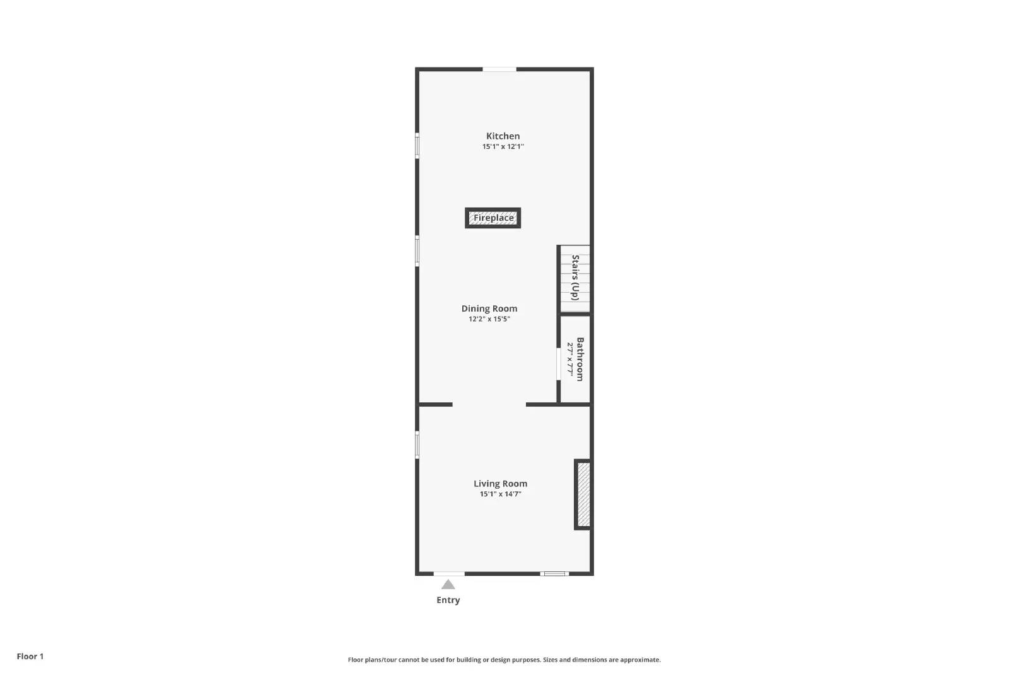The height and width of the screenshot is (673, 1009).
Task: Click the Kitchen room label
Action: coord(503,136)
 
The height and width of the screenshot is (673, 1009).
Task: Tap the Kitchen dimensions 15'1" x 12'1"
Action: coord(503,146)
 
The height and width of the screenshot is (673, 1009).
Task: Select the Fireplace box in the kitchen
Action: coord(493,218)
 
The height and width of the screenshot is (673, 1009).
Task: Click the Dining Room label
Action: coord(489,308)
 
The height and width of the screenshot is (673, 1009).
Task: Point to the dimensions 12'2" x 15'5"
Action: coord(489,319)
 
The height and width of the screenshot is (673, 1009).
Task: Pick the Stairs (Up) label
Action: coord(575,278)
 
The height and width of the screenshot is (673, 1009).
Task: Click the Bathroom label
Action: coord(580,359)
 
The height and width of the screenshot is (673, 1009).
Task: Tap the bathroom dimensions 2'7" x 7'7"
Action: coord(570,359)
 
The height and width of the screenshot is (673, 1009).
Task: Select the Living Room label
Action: coord(500,484)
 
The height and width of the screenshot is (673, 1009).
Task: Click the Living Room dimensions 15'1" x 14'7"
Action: coord(500,494)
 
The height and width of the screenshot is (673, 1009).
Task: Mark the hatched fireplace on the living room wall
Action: coord(583,495)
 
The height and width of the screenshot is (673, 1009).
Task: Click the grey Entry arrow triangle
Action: coord(448,585)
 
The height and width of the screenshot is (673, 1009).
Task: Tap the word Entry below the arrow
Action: coord(448,600)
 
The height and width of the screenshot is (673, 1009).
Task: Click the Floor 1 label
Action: coord(30,656)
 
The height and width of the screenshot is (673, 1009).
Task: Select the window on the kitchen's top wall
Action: coord(499,69)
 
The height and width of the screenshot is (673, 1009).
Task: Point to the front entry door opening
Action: coord(449,573)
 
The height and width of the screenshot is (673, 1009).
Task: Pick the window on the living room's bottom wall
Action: coord(554,573)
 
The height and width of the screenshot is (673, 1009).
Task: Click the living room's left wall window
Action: coord(417,444)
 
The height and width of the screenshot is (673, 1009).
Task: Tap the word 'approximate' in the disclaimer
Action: coord(640,660)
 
